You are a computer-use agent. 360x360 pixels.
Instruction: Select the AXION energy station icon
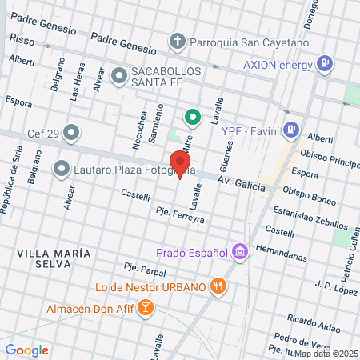click(x=324, y=62)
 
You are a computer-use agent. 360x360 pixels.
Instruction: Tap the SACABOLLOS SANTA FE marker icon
click(x=119, y=77)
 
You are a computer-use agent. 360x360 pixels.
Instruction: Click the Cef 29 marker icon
click(x=71, y=132)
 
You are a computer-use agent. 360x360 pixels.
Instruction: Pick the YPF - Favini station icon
click(x=292, y=127)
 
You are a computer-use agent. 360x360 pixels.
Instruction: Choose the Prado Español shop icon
click(x=238, y=252)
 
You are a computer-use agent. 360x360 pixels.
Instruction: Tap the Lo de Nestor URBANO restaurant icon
click(x=217, y=286)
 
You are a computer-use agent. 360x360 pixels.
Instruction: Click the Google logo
click(x=27, y=350)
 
